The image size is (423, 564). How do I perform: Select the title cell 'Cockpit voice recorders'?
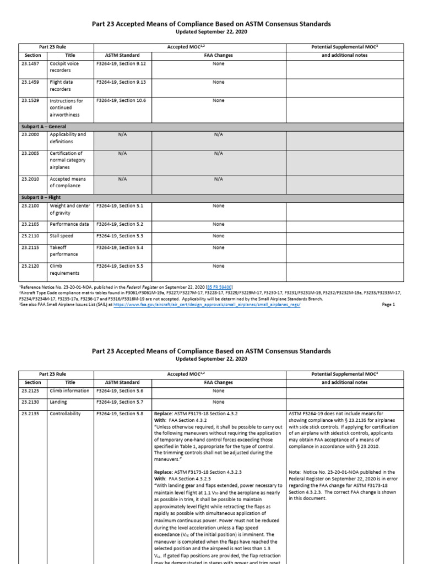(64, 67)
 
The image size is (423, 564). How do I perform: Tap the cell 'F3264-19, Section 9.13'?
(121, 82)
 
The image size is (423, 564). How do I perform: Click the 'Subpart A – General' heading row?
(44, 127)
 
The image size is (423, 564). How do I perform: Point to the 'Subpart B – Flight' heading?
(41, 197)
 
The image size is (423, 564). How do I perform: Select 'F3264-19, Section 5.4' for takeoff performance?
(120, 247)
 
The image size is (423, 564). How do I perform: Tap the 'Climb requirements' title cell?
(64, 269)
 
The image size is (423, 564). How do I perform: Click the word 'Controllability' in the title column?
(65, 413)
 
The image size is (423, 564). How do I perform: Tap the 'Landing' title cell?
(58, 402)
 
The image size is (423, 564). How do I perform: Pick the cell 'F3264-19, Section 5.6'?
(120, 391)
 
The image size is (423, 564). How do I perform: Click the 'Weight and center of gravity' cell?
(69, 209)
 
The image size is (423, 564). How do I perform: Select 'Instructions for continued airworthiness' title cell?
(66, 108)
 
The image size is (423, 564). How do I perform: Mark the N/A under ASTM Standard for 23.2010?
(122, 179)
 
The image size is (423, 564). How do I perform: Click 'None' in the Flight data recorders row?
(219, 82)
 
